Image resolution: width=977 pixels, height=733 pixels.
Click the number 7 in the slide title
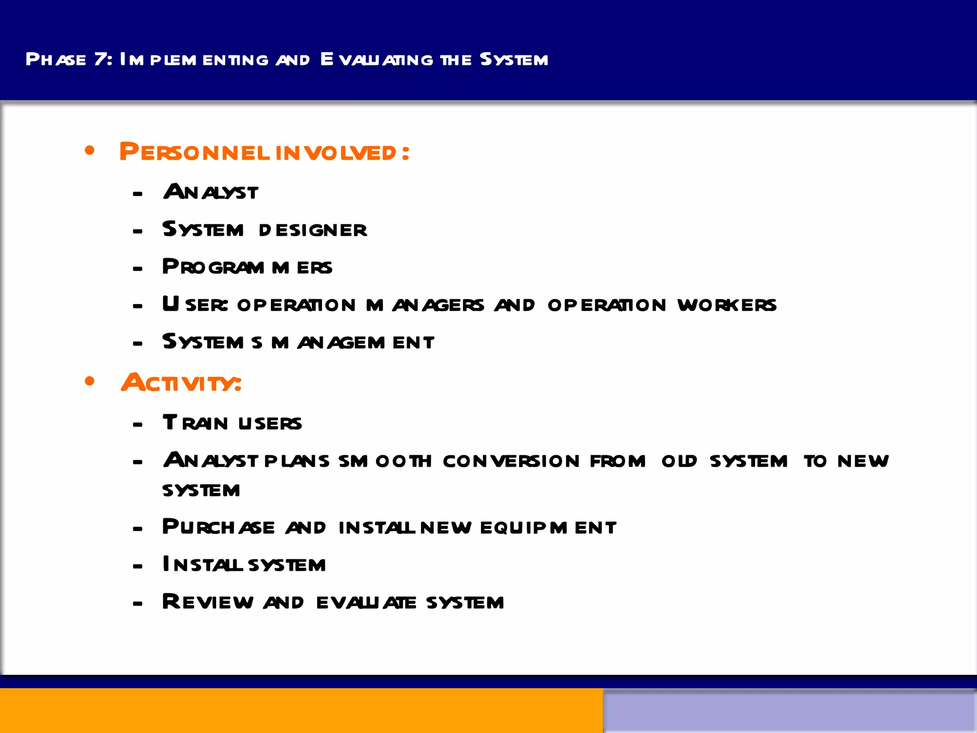coord(101,59)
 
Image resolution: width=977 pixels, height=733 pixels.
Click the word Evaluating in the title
coord(377,59)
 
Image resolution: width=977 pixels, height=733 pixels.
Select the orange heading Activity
coord(181,383)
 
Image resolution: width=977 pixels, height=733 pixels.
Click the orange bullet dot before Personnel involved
coord(90,151)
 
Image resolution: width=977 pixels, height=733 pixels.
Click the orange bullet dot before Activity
coord(90,381)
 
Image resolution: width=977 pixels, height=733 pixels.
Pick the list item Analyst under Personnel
coord(211,192)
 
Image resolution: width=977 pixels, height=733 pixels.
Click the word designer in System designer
coord(313,230)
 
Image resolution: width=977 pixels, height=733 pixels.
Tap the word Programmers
coord(247,267)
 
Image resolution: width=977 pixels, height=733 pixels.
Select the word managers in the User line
coord(425,305)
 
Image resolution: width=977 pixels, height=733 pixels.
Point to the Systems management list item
coord(298,342)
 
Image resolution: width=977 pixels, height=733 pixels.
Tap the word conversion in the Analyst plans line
coord(511,461)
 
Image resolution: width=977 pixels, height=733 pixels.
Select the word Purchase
coord(218,527)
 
